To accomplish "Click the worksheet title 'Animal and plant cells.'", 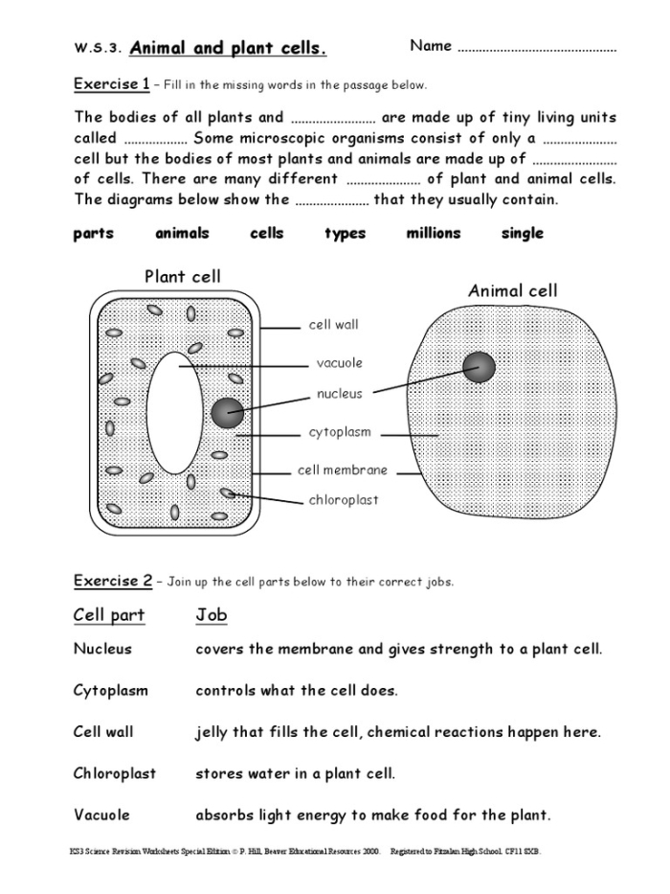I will point(228,48).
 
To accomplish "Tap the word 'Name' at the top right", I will point(431,46).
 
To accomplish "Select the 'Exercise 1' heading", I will point(111,84).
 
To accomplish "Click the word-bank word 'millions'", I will point(433,233).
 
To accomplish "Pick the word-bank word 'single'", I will point(522,233).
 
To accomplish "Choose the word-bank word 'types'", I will point(345,233).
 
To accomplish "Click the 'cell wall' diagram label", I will point(333,325).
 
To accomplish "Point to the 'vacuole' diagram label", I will point(339,363).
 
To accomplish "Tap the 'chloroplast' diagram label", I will point(343,500).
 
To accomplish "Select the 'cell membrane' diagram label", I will point(342,470).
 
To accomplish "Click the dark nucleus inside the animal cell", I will point(479,366).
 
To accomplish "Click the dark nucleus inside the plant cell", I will point(227,412).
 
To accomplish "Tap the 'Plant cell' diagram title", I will point(182,277).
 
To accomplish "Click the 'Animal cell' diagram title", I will point(512,290).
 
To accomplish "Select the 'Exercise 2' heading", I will point(112,581).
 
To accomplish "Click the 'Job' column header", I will point(211,615).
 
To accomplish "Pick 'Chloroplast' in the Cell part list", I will point(114,773).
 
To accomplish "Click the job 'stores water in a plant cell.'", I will point(295,773).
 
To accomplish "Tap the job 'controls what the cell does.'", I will point(296,690).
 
